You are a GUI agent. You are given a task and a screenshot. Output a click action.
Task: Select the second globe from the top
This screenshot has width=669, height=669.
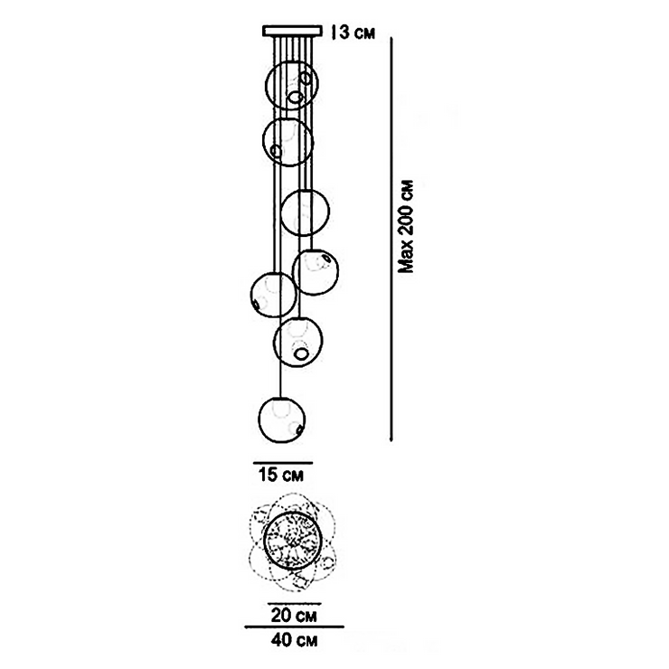288,142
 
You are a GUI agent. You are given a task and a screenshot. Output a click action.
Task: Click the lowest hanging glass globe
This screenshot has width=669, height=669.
282,419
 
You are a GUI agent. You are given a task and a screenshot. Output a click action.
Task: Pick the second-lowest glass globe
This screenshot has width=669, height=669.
299,341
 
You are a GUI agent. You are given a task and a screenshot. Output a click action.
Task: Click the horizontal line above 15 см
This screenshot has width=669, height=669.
281,459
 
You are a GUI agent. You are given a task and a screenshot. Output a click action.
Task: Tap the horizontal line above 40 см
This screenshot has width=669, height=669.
295,626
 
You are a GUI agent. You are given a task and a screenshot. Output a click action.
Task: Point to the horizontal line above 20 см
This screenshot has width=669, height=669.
293,600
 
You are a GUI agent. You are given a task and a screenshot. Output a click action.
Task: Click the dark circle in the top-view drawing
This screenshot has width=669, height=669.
291,540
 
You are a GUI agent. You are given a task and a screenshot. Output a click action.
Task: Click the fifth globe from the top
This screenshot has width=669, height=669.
273,295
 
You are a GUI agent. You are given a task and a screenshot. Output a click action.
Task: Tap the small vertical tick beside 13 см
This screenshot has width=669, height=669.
334,33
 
